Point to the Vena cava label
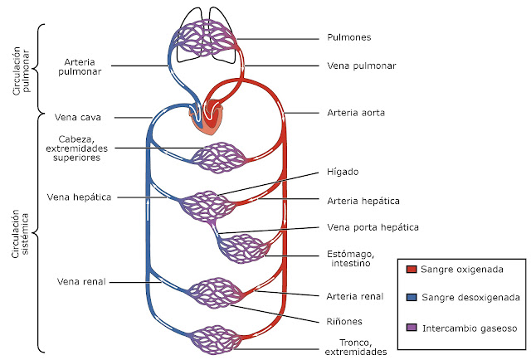78,117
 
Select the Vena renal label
81,281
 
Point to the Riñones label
343,320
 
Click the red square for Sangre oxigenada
412,269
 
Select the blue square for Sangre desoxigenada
412,296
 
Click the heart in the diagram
207,116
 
